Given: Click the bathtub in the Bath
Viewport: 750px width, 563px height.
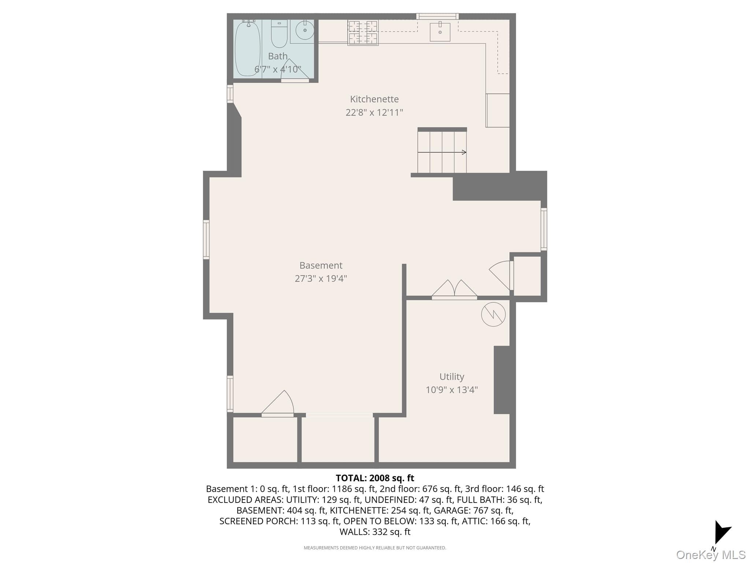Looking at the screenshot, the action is pos(248,48).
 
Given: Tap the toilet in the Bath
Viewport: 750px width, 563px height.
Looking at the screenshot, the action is pos(279,34).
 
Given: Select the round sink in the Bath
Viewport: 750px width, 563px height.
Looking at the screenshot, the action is pos(305,30).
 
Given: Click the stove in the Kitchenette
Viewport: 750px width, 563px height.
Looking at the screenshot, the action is pos(363,33).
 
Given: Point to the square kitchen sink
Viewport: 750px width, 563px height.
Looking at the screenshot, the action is pos(440,32).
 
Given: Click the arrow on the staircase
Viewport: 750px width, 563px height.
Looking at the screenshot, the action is pos(442,152).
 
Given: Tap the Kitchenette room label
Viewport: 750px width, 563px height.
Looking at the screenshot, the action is pos(374,99).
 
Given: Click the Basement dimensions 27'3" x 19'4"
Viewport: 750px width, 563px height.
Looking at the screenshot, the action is pos(321,279).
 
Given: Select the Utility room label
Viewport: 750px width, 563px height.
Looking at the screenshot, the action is pos(452,377).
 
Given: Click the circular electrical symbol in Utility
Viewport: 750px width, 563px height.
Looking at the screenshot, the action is pos(493,314).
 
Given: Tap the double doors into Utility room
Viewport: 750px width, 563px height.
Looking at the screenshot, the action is pos(454,290).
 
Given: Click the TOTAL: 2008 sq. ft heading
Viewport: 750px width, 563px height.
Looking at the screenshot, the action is pos(375,478).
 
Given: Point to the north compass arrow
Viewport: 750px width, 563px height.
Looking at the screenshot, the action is pos(722,533).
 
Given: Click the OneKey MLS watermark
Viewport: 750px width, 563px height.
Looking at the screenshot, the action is pos(711,555).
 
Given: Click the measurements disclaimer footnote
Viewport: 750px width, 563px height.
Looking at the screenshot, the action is pos(375,548).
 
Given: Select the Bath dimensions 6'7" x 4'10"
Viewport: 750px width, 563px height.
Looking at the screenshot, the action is pos(278,69).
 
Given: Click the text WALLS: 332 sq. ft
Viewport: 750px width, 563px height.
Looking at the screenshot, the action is pos(375,532).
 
